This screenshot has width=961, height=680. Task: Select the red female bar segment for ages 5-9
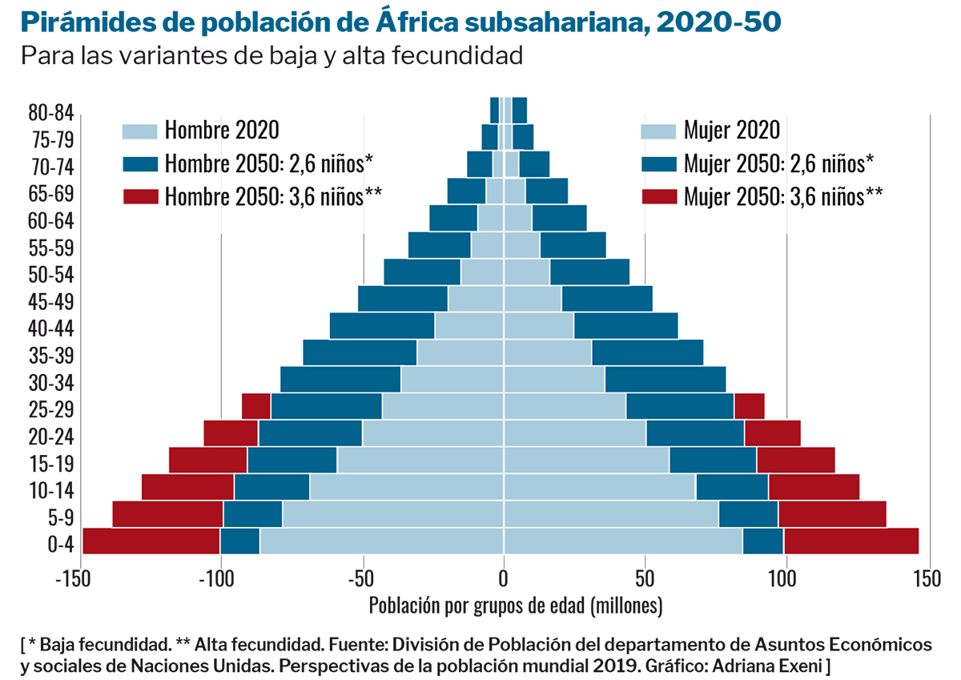832,514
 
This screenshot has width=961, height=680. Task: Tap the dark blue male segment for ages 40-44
382,326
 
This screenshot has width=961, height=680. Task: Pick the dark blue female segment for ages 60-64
559,218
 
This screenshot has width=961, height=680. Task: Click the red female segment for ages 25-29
749,407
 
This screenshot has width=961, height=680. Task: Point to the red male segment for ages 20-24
231,433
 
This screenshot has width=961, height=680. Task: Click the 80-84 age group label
50,112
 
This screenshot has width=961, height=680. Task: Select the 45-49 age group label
50,301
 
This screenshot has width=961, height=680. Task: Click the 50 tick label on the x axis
644,578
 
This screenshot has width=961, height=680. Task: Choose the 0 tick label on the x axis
504,578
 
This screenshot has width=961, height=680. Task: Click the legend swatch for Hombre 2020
140,131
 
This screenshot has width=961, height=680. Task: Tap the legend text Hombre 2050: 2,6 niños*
269,163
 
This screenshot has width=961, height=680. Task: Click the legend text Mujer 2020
731,131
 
